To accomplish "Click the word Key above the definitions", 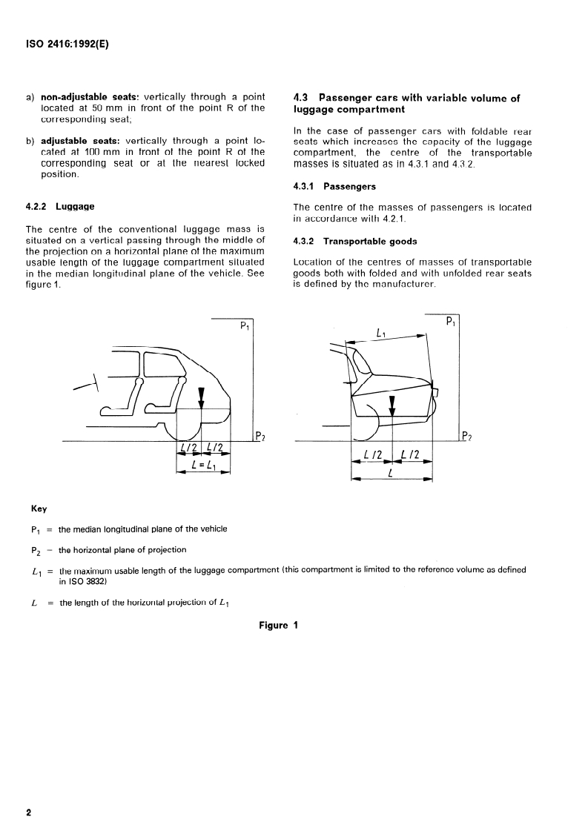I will click(39, 509).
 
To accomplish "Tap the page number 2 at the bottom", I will click(29, 812).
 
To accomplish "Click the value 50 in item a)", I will click(108, 107).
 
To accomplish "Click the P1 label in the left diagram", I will click(245, 326).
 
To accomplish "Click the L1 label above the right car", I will click(382, 334).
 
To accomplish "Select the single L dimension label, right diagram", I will click(391, 472).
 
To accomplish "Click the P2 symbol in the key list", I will click(33, 550).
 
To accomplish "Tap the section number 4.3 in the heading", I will click(301, 97).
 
